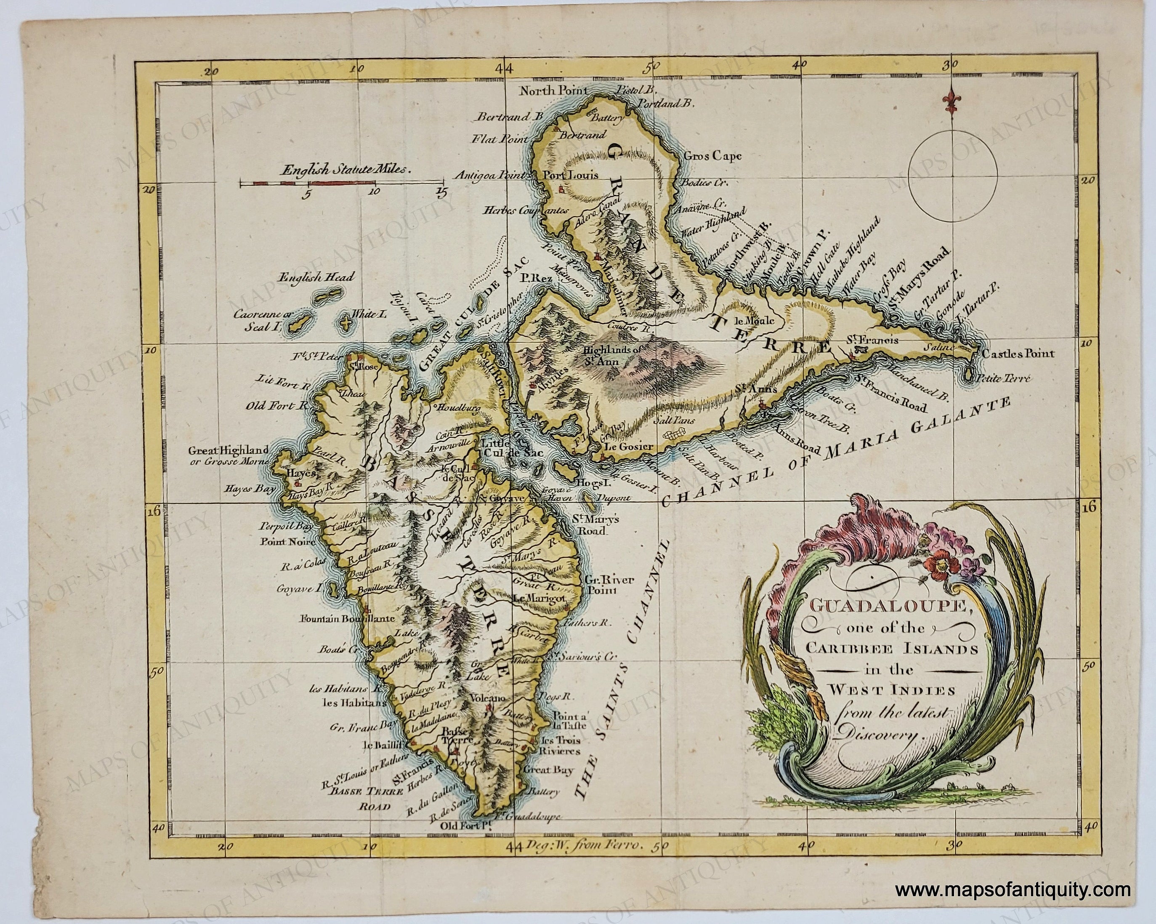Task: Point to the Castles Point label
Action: click(1018, 354)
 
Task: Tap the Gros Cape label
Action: click(712, 156)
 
